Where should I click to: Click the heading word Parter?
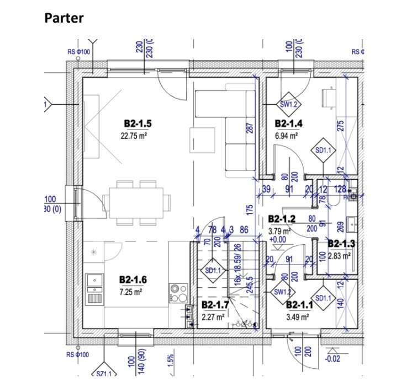64,18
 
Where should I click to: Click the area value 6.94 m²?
287,135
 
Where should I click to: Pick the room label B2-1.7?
215,305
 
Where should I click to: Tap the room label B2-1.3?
341,243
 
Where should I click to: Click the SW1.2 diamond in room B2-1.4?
288,104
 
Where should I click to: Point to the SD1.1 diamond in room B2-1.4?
323,150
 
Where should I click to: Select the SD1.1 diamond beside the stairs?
213,271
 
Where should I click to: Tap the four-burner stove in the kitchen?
178,293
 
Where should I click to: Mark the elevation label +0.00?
278,240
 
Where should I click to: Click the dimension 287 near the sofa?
249,127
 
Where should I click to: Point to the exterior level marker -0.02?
332,359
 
